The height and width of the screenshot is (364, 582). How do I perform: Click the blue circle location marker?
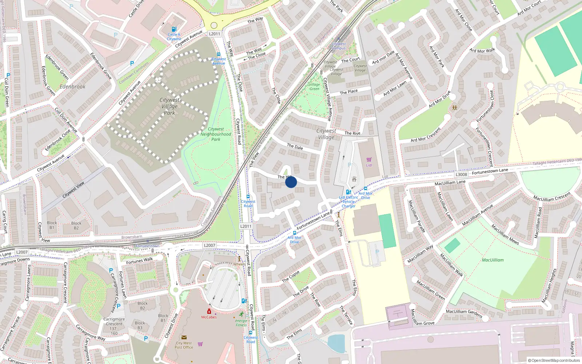[x=291, y=182]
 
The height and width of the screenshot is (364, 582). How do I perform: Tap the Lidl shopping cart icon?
[x=369, y=159]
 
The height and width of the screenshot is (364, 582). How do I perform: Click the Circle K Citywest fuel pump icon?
[x=174, y=29]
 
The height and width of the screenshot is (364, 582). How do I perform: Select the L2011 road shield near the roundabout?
[x=215, y=34]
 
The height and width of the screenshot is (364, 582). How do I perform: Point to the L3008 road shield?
[x=461, y=174]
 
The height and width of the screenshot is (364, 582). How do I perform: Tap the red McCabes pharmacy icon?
[x=209, y=312]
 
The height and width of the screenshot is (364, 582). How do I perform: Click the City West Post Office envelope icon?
[x=184, y=337]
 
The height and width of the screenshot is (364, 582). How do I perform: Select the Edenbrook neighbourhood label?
[x=72, y=87]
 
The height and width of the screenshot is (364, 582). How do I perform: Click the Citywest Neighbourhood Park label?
[x=216, y=134]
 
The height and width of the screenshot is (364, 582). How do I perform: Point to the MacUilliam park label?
[x=493, y=260]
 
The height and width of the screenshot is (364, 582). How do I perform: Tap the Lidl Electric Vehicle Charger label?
[x=348, y=202]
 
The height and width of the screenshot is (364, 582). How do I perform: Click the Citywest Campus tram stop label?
[x=339, y=46]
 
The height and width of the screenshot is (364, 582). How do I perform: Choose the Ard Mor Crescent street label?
[x=426, y=135]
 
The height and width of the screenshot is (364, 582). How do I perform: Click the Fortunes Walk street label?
[x=139, y=261]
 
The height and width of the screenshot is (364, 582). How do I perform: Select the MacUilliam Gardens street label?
[x=464, y=313]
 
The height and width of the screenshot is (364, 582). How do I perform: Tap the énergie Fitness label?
[x=241, y=323]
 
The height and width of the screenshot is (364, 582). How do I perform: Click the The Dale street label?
[x=295, y=147]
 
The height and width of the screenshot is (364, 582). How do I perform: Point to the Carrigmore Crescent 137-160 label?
[x=114, y=326]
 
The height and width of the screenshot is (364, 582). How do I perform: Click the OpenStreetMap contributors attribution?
[x=554, y=360]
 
